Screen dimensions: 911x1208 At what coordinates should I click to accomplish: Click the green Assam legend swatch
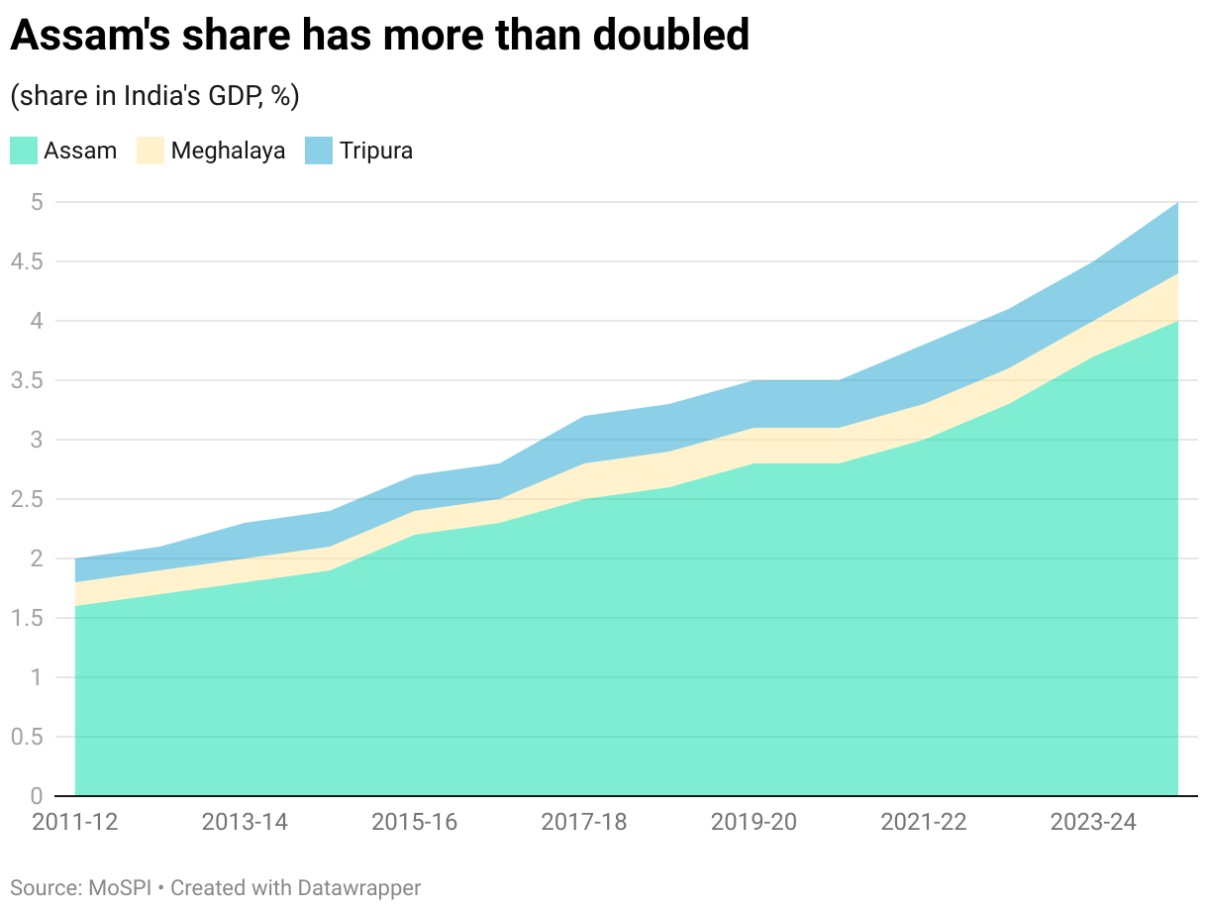click(x=24, y=151)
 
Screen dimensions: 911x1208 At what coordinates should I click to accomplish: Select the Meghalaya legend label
click(x=228, y=151)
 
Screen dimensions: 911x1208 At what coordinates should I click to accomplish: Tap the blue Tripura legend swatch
click(x=319, y=151)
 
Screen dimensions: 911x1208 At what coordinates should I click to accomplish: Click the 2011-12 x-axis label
click(x=75, y=823)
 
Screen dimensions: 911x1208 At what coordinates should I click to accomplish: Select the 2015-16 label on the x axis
click(x=414, y=823)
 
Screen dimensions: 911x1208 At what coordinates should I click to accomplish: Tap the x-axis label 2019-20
click(x=754, y=823)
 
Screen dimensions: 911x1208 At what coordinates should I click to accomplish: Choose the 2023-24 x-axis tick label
click(x=1093, y=823)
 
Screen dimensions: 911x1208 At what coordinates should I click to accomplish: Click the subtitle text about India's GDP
click(x=154, y=96)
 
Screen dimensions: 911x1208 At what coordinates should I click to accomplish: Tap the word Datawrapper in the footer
click(x=363, y=887)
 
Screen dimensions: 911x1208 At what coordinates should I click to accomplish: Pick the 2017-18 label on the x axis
click(x=584, y=823)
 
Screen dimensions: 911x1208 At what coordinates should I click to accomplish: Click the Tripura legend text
click(x=376, y=151)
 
